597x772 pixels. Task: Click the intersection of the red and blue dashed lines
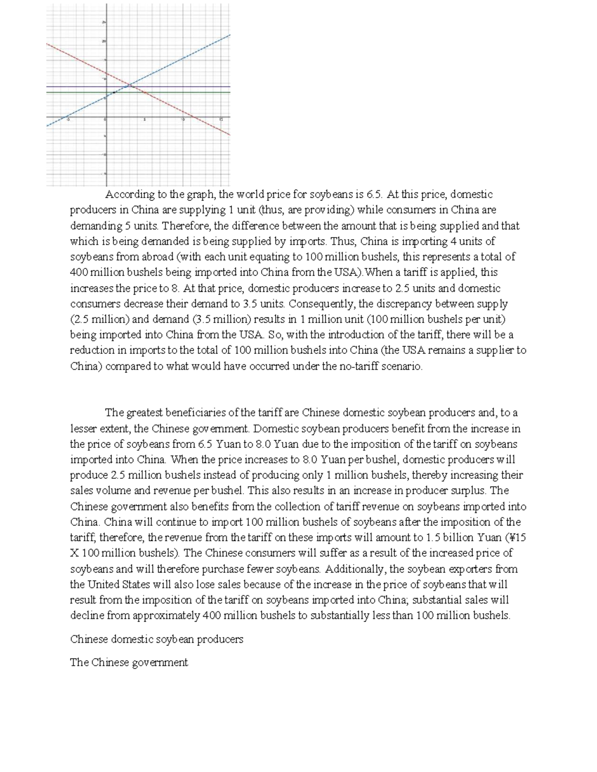(130, 86)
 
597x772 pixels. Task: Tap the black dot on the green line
(114, 92)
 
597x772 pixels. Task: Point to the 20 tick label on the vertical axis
(104, 41)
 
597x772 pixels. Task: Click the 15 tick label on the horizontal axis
(221, 119)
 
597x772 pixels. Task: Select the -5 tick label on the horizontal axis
(69, 119)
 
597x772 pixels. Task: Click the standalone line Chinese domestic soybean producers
(157, 639)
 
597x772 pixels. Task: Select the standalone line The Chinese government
(129, 663)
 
